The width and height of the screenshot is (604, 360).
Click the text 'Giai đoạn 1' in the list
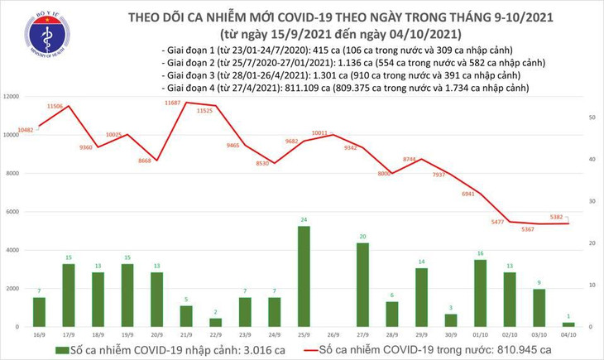(190, 50)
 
